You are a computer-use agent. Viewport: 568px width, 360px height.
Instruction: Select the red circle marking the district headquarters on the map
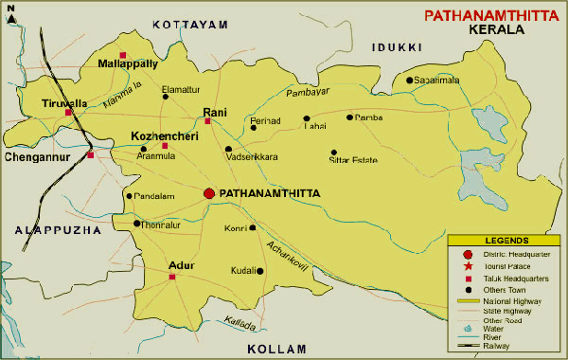pos(209,193)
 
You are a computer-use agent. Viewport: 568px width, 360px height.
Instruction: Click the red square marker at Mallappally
pos(123,54)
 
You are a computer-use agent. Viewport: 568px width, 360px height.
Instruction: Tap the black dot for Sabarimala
pos(410,81)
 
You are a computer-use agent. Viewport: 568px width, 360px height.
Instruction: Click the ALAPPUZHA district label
pos(44,229)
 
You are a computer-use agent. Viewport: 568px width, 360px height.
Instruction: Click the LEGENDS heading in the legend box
pos(505,242)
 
